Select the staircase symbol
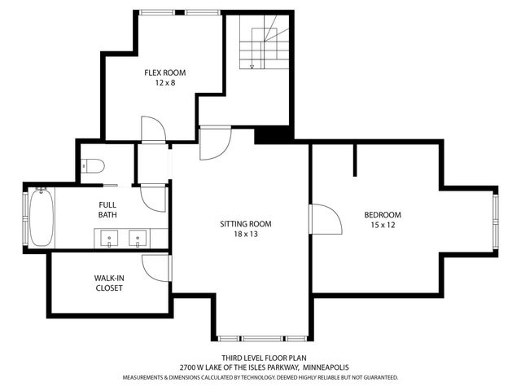coord(264,46)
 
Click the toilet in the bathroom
coord(93,167)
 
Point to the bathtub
coord(40,217)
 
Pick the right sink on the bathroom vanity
coord(138,239)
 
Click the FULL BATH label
coord(107,210)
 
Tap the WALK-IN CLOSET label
coord(108,283)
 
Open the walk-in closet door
coord(155,267)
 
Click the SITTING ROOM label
coord(245,224)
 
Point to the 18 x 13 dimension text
coord(245,235)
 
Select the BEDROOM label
coord(382,215)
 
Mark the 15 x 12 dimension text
coord(382,226)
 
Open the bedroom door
coord(323,218)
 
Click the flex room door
coord(152,130)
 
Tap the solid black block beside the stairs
coord(274,134)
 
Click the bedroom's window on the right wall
coord(494,221)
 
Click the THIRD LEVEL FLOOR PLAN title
coord(260,358)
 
